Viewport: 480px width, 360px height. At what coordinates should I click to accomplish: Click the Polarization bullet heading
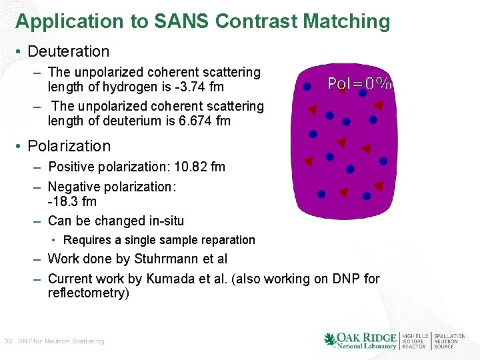69,146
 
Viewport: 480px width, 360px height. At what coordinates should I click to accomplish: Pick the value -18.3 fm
72,201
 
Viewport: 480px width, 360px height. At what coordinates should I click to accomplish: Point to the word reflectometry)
88,293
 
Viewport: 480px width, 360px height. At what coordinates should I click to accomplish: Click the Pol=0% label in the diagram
359,84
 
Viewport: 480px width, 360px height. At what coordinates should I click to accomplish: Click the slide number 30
8,341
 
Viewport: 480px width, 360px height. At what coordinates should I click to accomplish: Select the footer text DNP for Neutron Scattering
61,341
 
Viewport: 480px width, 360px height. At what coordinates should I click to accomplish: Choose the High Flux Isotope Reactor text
413,341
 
